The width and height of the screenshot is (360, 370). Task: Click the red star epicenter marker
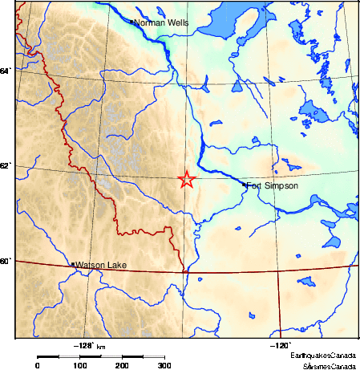point(186,180)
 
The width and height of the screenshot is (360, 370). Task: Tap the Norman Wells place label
point(161,22)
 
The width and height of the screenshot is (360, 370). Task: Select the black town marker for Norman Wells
point(131,22)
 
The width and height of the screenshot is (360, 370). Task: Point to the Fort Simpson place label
point(272,186)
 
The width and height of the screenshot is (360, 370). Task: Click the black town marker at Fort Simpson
point(244,185)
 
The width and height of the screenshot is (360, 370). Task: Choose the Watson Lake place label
point(101,265)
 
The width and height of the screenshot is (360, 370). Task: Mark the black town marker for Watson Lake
point(73,264)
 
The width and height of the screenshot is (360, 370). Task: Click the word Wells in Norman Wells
point(177,22)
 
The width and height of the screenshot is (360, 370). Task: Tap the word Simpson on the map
point(282,186)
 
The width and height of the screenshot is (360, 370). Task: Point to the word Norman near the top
point(148,22)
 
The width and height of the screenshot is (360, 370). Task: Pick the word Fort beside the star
point(255,186)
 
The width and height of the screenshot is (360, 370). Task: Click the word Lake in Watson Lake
point(117,265)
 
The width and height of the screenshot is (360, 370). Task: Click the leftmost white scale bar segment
point(70,356)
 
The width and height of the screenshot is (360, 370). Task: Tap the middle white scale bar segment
point(111,356)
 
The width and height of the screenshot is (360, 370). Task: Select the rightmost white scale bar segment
point(154,356)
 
